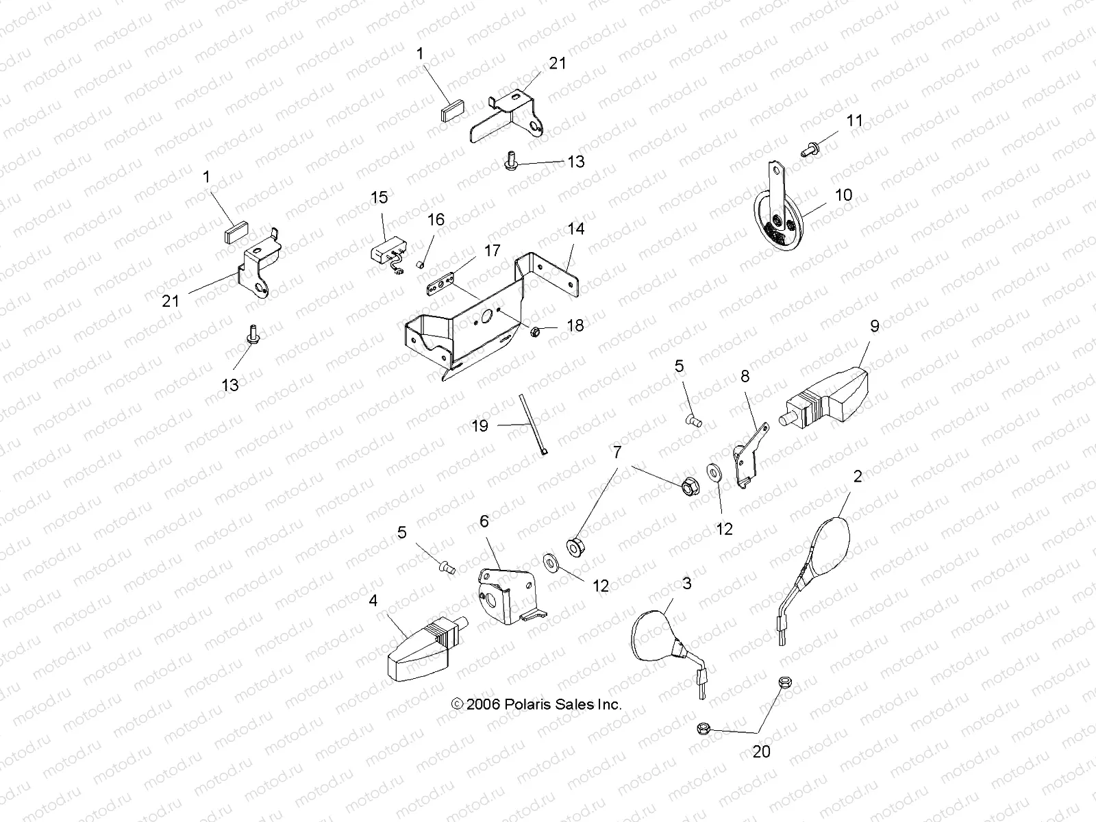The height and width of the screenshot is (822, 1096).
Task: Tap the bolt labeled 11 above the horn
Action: (812, 147)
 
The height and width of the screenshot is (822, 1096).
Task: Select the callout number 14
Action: (576, 229)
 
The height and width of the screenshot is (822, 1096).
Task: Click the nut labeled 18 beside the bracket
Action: (537, 332)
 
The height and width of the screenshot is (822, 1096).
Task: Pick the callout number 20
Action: (761, 751)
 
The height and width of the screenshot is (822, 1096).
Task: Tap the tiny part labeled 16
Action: (421, 264)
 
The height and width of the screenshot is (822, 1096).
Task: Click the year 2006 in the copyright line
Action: (485, 704)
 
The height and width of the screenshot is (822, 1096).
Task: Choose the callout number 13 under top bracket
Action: (576, 161)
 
